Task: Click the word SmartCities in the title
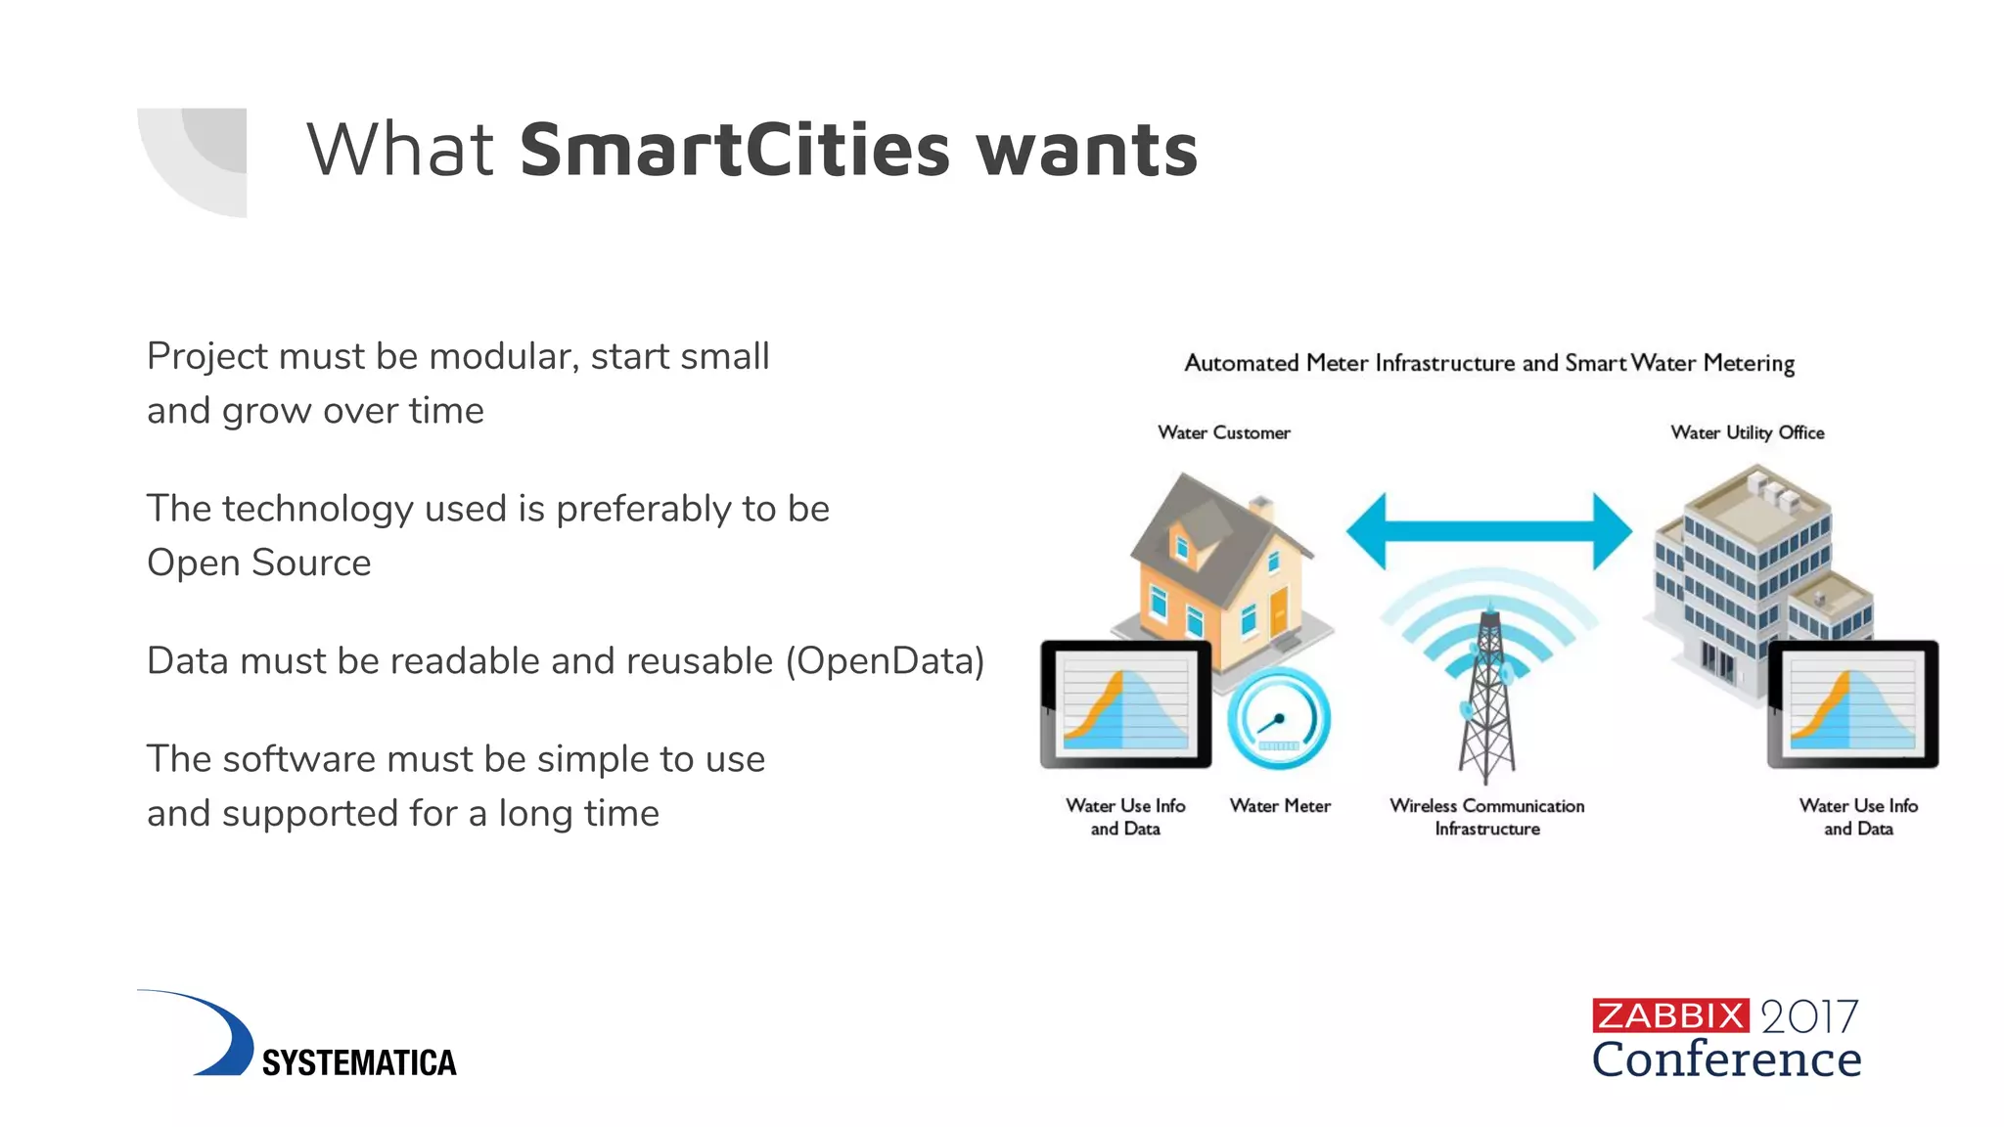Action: click(734, 150)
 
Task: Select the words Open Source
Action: click(258, 563)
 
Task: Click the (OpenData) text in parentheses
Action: click(885, 661)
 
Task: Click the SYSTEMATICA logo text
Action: click(358, 1062)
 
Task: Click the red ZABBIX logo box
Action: click(1669, 1015)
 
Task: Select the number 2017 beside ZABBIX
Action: click(1808, 1017)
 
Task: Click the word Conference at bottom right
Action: click(1726, 1059)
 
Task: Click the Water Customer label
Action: click(1223, 432)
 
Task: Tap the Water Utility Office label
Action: click(1747, 432)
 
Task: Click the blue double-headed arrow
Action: click(1488, 531)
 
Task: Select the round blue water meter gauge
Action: click(1278, 719)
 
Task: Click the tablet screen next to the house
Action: click(1125, 703)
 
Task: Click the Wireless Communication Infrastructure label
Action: click(1486, 817)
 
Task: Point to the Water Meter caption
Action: click(1279, 806)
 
